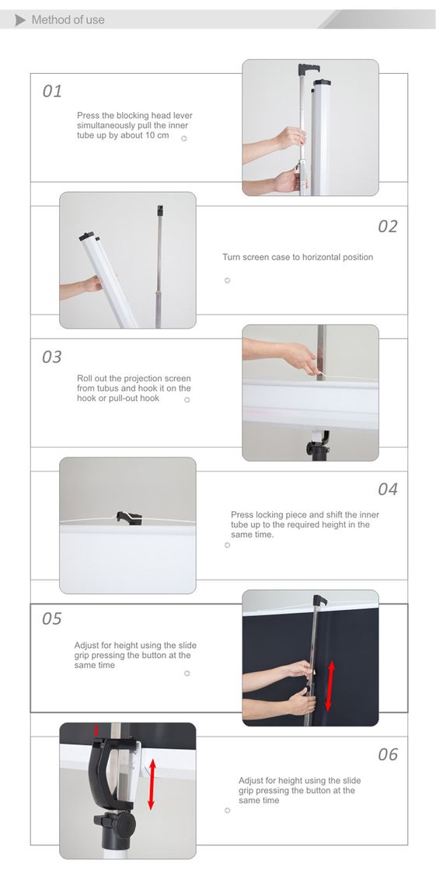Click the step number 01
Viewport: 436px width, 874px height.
(52, 91)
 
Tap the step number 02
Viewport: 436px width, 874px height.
(388, 226)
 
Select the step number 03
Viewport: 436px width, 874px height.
(52, 357)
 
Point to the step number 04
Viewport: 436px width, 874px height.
(388, 489)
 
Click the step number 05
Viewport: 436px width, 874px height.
(52, 618)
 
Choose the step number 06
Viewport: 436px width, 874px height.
(388, 754)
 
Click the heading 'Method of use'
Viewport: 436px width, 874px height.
(68, 20)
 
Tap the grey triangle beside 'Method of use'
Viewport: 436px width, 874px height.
(20, 21)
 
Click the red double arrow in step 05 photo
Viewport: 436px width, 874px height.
(330, 686)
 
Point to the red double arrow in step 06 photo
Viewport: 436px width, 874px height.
(151, 784)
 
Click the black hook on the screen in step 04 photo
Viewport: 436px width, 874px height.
(127, 517)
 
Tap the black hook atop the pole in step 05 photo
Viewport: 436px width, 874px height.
(319, 601)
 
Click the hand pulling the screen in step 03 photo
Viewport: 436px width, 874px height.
(301, 357)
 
